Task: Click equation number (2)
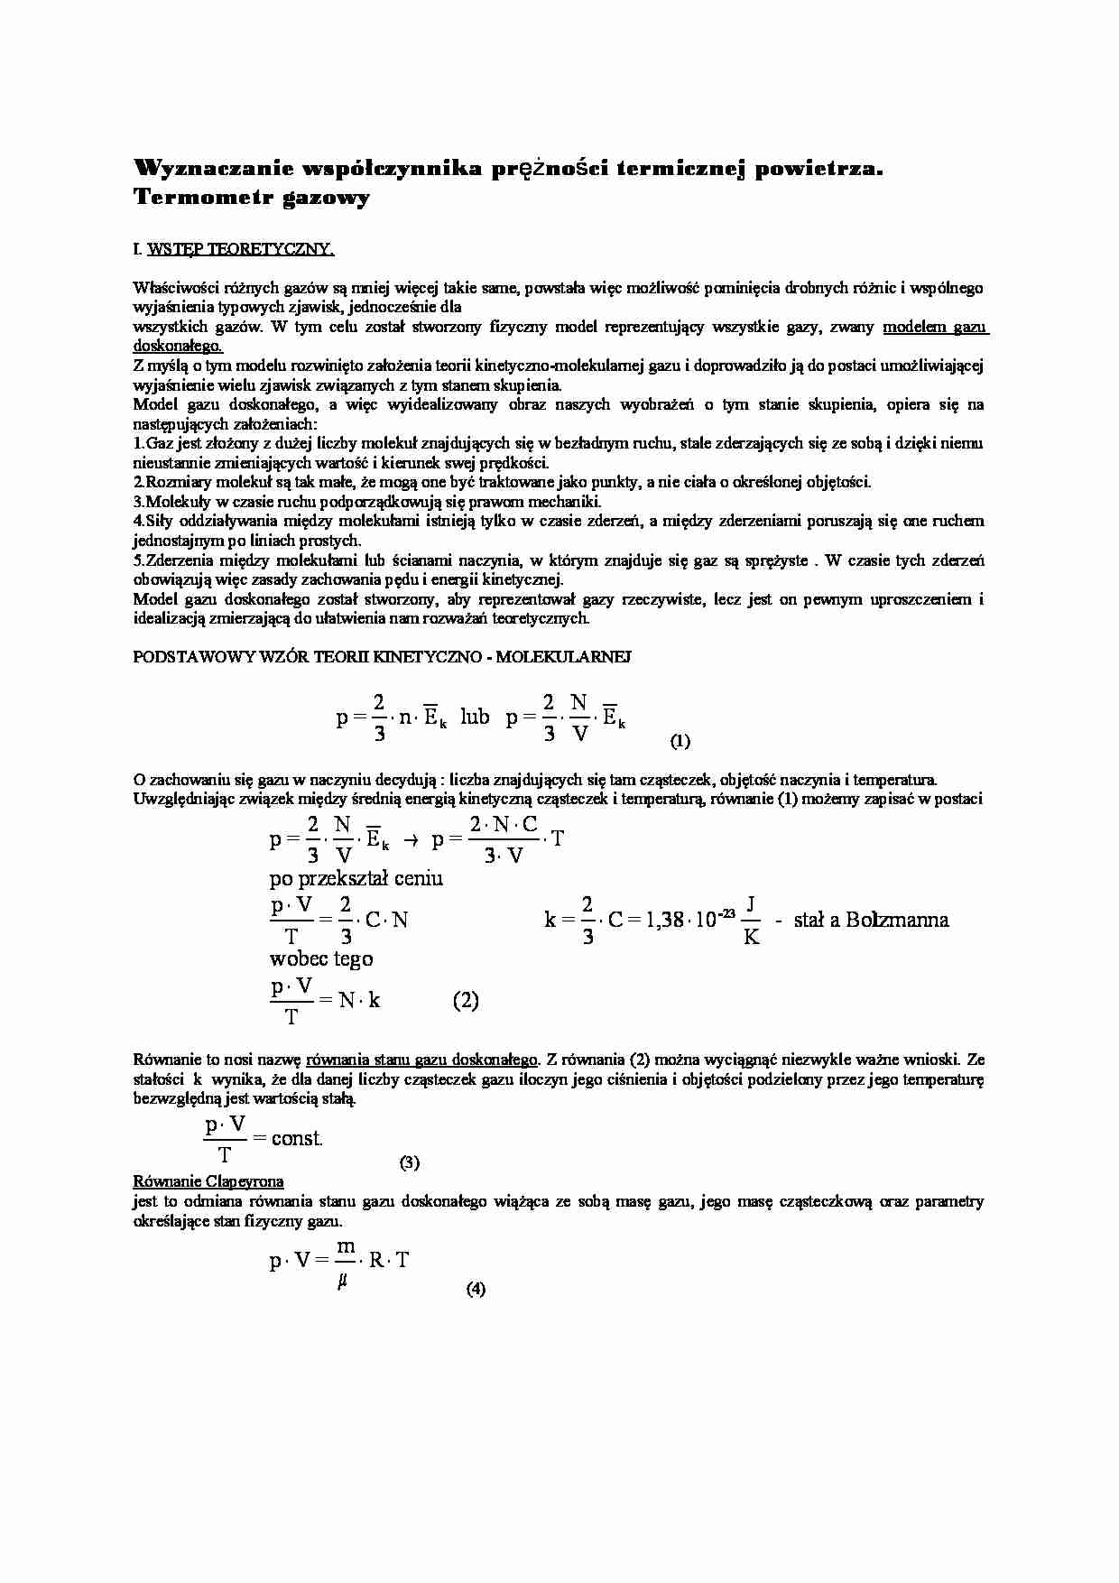coord(465,1000)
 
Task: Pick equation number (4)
coord(476,1289)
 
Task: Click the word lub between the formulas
coord(475,717)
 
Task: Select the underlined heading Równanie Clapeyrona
coord(208,1181)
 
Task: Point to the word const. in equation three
coord(297,1139)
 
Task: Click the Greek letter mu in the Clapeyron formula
coord(343,1280)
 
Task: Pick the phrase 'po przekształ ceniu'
coord(356,878)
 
